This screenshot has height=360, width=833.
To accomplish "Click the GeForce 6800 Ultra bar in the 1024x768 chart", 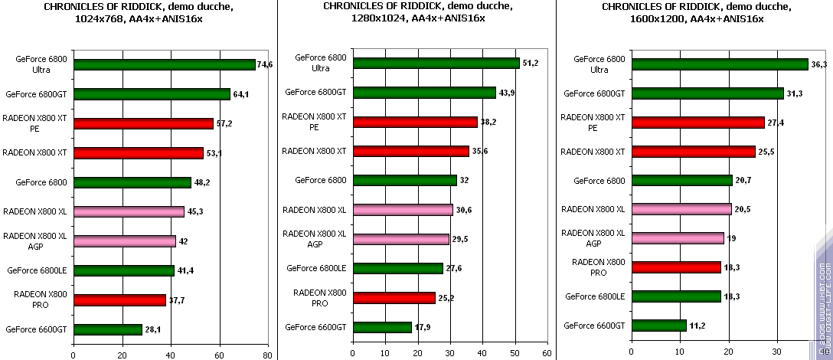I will [165, 64].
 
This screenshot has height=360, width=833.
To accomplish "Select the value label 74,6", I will [265, 64].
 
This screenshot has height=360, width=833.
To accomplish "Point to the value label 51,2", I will [531, 62].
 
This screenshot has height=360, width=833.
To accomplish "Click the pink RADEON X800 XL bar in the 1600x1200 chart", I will [681, 209].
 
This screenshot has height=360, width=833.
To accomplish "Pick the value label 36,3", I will [819, 64].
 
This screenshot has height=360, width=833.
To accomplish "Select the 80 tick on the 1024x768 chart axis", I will [268, 355].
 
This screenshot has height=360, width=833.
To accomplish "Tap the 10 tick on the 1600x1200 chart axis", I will [680, 353].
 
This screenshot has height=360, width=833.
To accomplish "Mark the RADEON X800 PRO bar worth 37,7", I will [120, 299].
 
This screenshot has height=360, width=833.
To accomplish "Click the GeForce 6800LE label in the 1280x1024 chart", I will [316, 268].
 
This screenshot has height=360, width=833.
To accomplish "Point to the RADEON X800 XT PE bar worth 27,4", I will [698, 123].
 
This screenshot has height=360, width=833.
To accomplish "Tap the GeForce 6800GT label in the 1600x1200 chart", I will [594, 93].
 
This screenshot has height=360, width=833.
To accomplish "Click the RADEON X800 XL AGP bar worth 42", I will [125, 241].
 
